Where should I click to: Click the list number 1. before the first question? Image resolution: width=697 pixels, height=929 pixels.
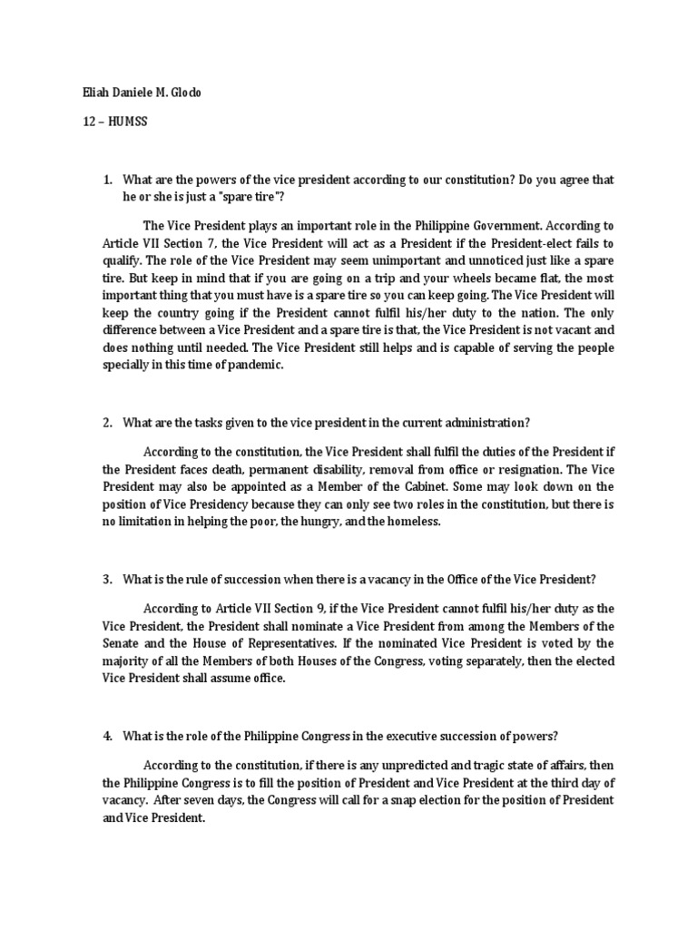[x=108, y=181]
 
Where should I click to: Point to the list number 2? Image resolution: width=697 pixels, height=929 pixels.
[x=108, y=421]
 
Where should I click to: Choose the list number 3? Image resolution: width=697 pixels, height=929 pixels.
[x=108, y=580]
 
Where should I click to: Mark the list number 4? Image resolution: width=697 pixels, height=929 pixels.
[x=108, y=738]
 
